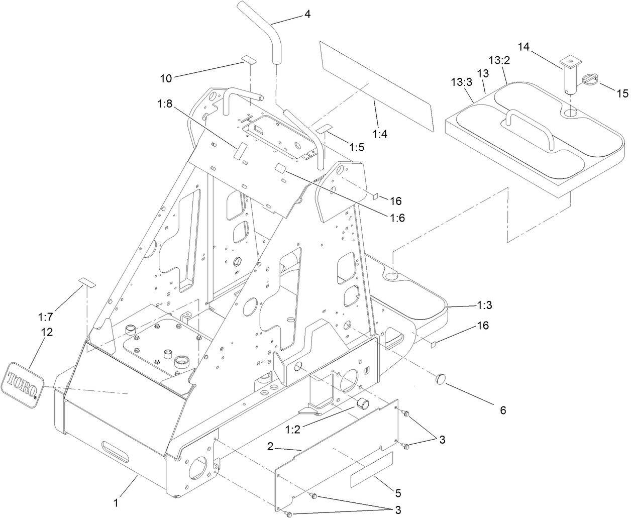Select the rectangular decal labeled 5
tap(372, 469)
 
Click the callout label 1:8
tap(165, 105)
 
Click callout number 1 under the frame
tap(116, 501)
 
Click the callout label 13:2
tap(499, 61)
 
